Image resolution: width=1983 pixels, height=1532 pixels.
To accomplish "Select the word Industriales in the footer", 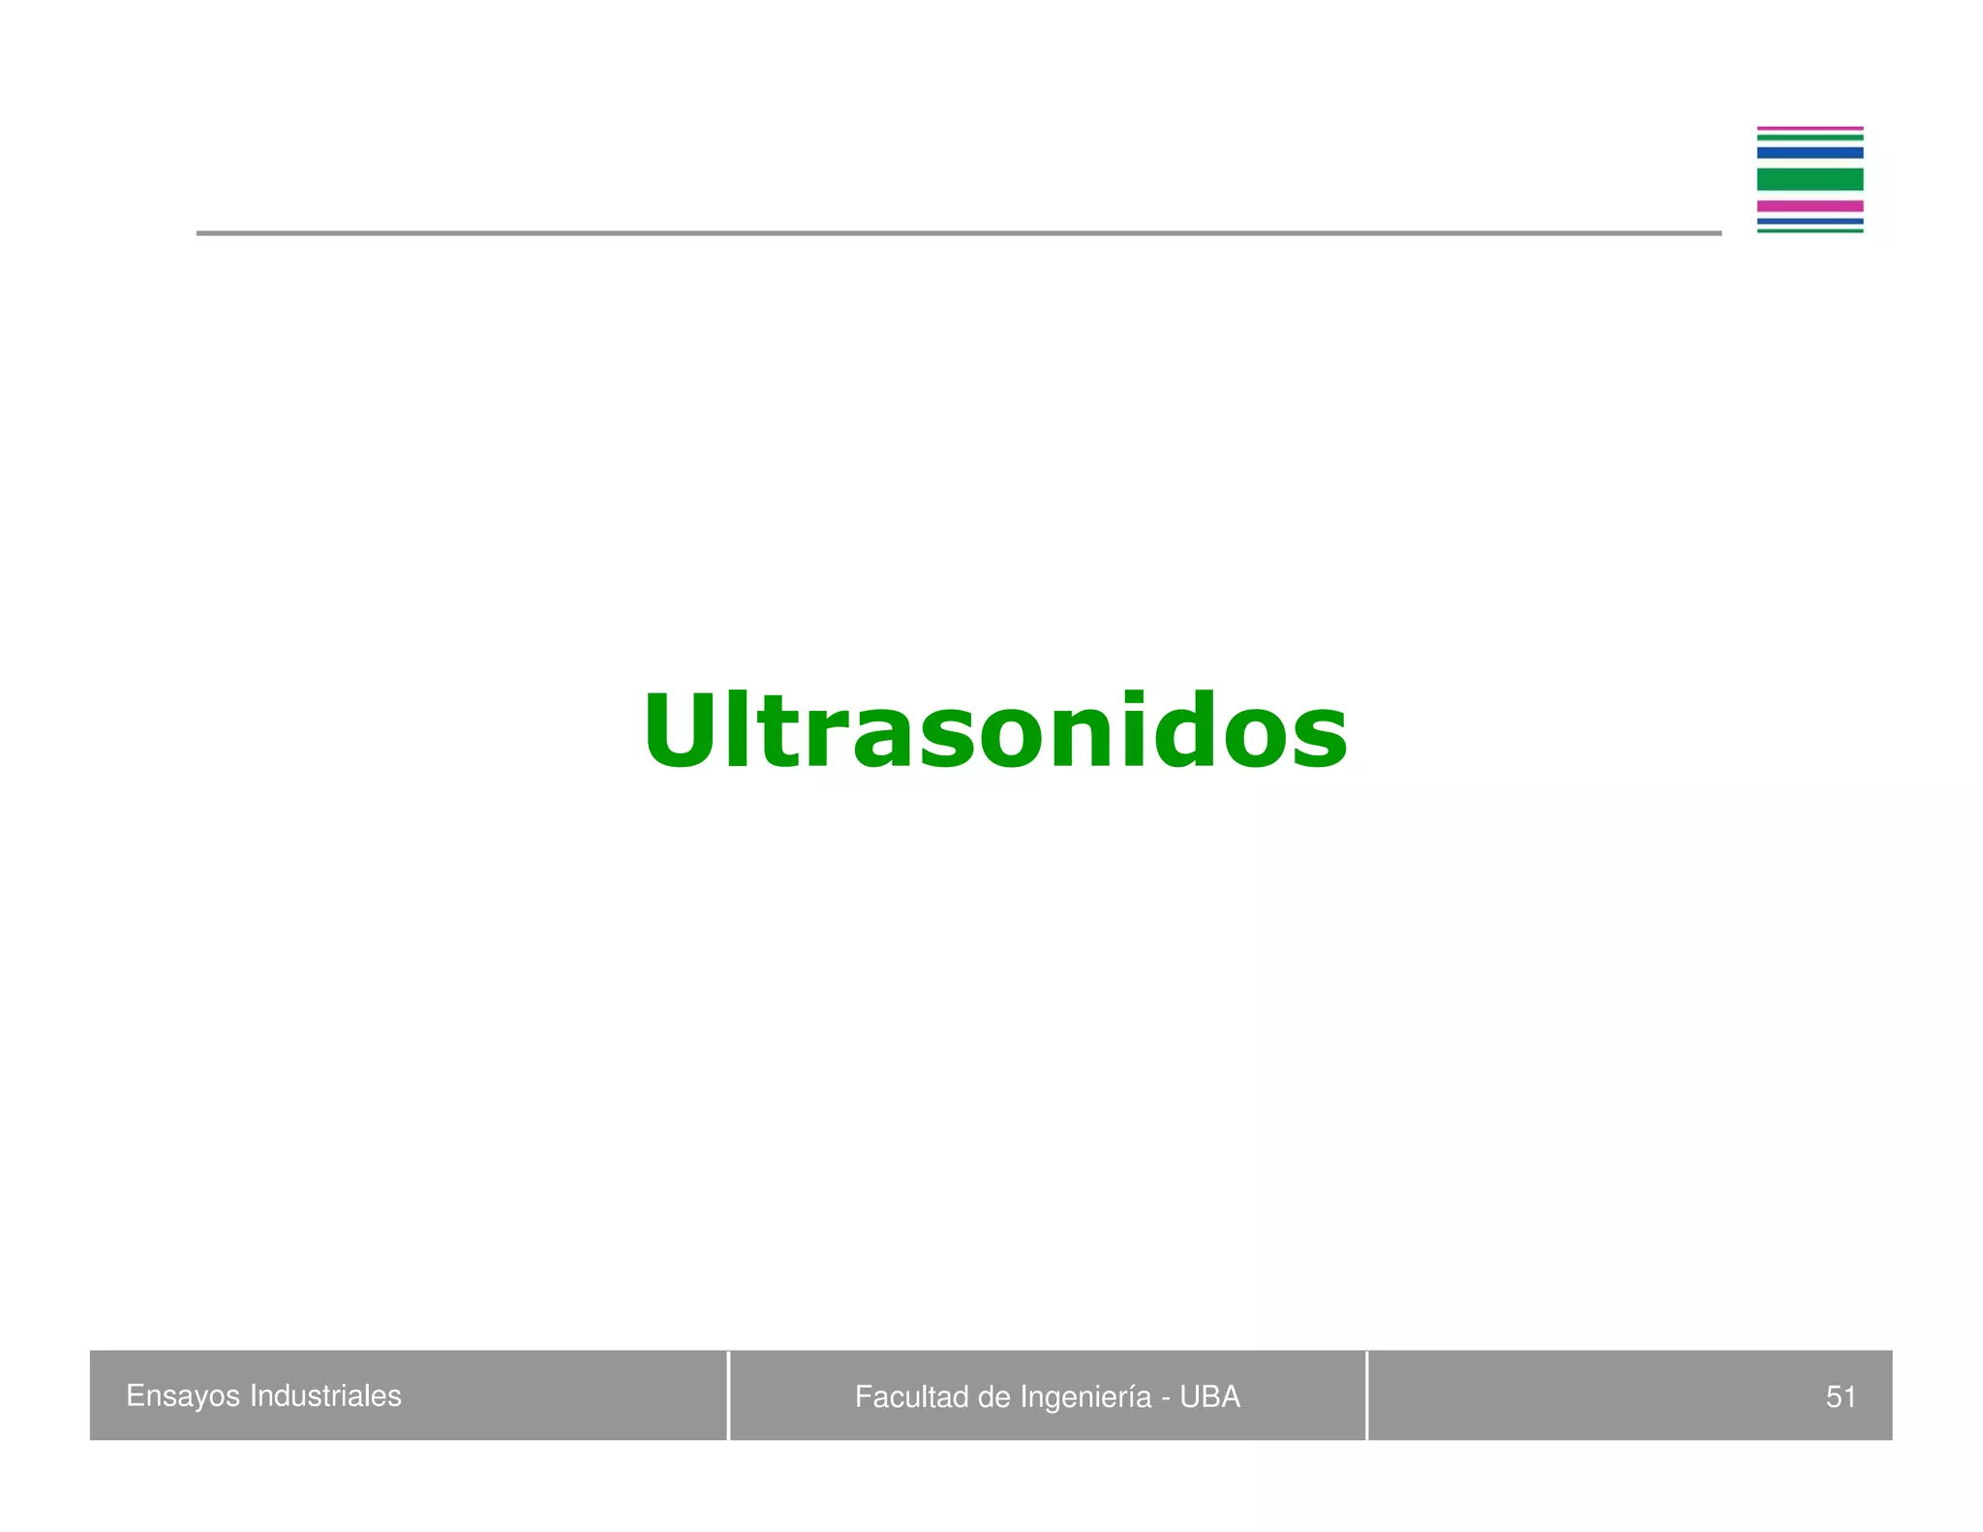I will click(325, 1395).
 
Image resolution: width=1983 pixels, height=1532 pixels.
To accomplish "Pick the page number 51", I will click(1840, 1396).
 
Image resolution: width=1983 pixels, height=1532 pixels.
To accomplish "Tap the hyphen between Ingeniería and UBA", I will click(1166, 1398).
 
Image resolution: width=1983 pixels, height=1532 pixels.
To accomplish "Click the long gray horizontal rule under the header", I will click(959, 233).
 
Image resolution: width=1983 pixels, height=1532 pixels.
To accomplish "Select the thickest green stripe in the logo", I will click(1810, 179).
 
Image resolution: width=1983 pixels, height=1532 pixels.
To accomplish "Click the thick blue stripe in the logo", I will click(1810, 153).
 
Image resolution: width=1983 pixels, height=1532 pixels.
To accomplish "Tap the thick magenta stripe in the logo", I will click(1810, 206).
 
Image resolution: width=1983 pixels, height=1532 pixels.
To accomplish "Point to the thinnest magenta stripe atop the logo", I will click(1810, 128).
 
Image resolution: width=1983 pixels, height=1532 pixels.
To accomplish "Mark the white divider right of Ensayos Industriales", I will click(728, 1395).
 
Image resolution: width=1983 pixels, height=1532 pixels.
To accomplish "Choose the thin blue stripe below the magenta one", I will click(1810, 221).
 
